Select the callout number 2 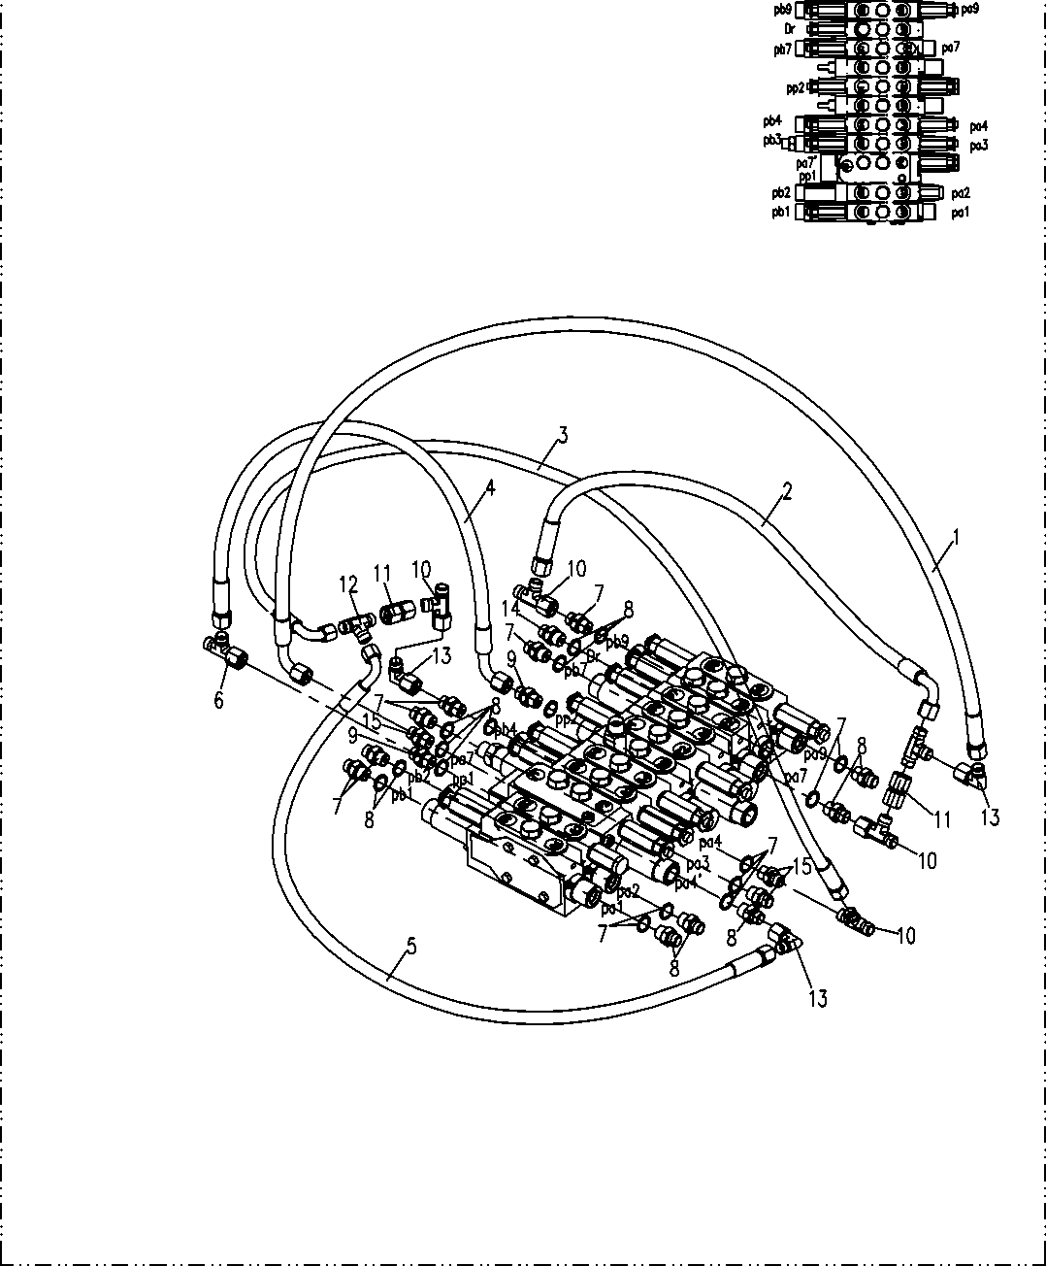click(x=787, y=490)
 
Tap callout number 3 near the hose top click(x=562, y=434)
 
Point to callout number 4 click(x=490, y=488)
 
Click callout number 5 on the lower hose click(x=411, y=947)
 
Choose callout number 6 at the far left click(x=219, y=699)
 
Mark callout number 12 click(x=347, y=584)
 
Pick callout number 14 click(x=509, y=609)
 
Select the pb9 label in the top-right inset click(x=783, y=10)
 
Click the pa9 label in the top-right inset click(x=970, y=10)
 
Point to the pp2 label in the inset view click(x=796, y=87)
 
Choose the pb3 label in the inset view click(x=771, y=140)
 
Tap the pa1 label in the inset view click(x=960, y=212)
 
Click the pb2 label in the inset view click(x=781, y=192)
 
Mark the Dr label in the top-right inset click(x=790, y=29)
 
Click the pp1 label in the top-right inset click(x=807, y=175)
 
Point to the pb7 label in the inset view click(x=783, y=49)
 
